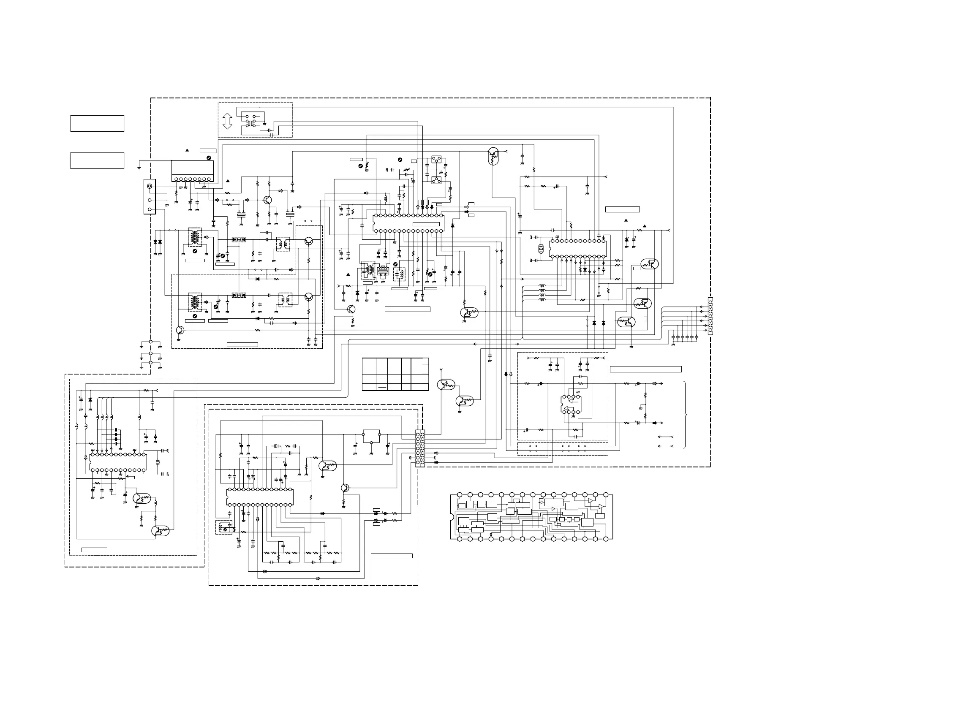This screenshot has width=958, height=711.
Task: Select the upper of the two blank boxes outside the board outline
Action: (97, 123)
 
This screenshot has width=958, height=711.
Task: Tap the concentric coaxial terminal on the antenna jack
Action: (150, 186)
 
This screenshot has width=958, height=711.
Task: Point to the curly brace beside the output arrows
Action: (686, 415)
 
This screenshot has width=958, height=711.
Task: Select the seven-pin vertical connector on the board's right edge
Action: (710, 316)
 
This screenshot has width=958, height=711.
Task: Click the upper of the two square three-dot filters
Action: (436, 160)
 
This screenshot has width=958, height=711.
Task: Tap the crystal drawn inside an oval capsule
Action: (541, 248)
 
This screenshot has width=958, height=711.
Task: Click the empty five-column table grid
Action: (395, 374)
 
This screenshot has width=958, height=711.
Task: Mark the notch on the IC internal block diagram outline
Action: (452, 517)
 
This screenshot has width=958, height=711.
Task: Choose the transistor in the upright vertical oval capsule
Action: (493, 156)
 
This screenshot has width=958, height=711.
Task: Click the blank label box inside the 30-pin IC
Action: (426, 224)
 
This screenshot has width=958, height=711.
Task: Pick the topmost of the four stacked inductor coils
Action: (542, 286)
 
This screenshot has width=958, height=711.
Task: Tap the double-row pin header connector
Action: (420, 448)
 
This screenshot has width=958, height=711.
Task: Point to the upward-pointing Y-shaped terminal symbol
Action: (440, 370)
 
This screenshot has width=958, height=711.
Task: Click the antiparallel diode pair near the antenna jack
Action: (158, 242)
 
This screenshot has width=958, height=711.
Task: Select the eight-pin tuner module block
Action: (193, 171)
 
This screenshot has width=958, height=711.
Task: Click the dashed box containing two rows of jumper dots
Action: (562, 449)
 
